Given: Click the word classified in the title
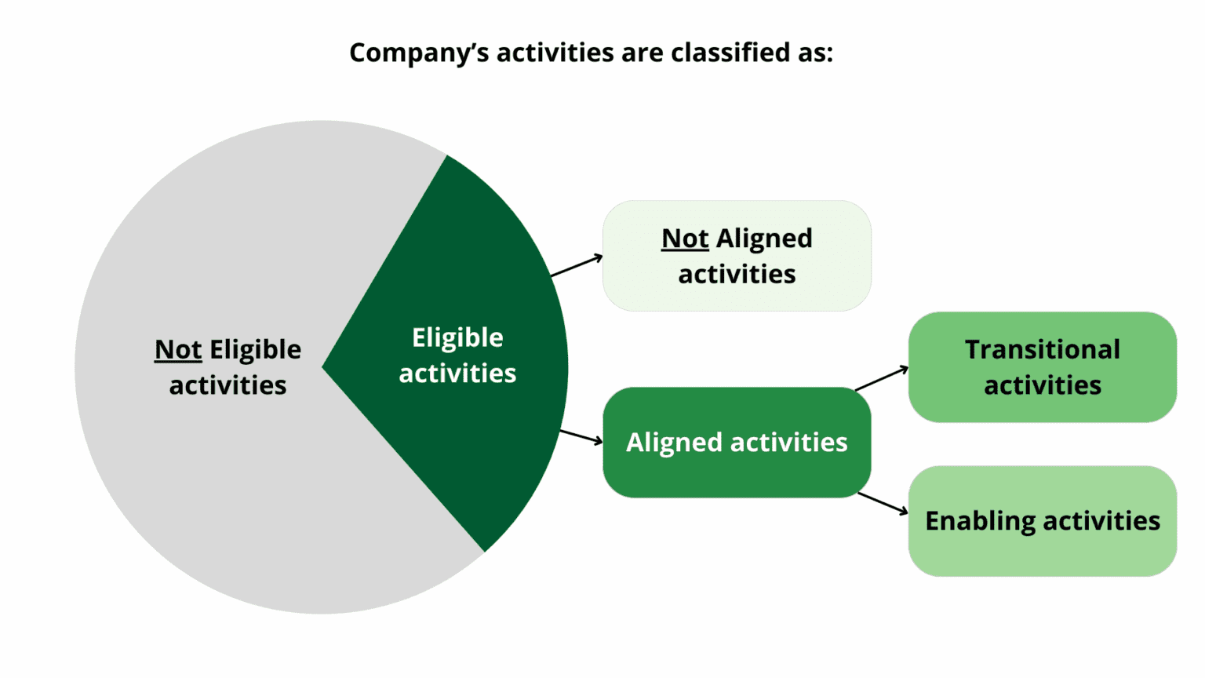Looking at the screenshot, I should tap(730, 53).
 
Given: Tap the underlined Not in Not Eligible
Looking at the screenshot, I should tap(178, 349).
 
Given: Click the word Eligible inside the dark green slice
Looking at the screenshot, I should tap(457, 337).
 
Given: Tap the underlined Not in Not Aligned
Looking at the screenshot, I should tap(685, 239).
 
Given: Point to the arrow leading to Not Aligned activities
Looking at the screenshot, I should tap(577, 266).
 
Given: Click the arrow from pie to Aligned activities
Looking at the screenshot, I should tap(581, 436).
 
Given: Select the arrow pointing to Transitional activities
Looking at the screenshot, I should tap(881, 378).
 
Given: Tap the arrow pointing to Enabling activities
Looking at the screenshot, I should tap(883, 503).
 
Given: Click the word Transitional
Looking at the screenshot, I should tap(1043, 350).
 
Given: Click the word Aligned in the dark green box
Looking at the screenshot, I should tap(674, 443).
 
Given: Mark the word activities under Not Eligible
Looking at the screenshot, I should tap(228, 385).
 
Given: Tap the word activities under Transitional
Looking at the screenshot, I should tap(1043, 385).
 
